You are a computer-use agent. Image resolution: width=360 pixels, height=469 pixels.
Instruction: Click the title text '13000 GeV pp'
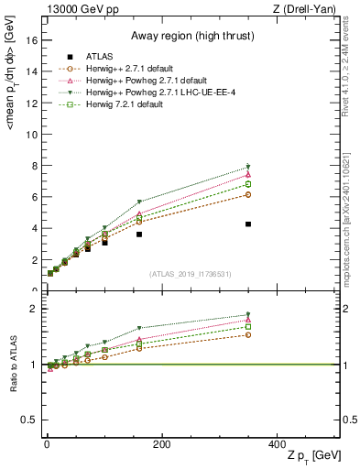(x=77, y=8)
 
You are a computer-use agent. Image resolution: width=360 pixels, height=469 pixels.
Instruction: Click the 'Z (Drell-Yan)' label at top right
(x=307, y=8)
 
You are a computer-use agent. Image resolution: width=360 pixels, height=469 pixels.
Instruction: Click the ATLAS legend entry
(x=106, y=57)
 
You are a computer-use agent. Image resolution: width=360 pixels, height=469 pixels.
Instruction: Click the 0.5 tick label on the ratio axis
(x=29, y=420)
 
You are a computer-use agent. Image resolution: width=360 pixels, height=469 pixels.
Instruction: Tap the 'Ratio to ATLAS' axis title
(x=11, y=366)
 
